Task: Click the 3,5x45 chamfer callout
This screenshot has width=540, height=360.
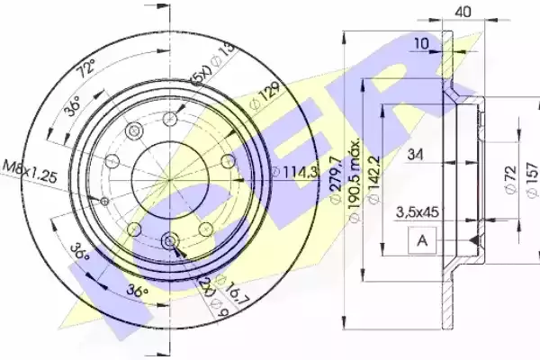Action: pos(418,211)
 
